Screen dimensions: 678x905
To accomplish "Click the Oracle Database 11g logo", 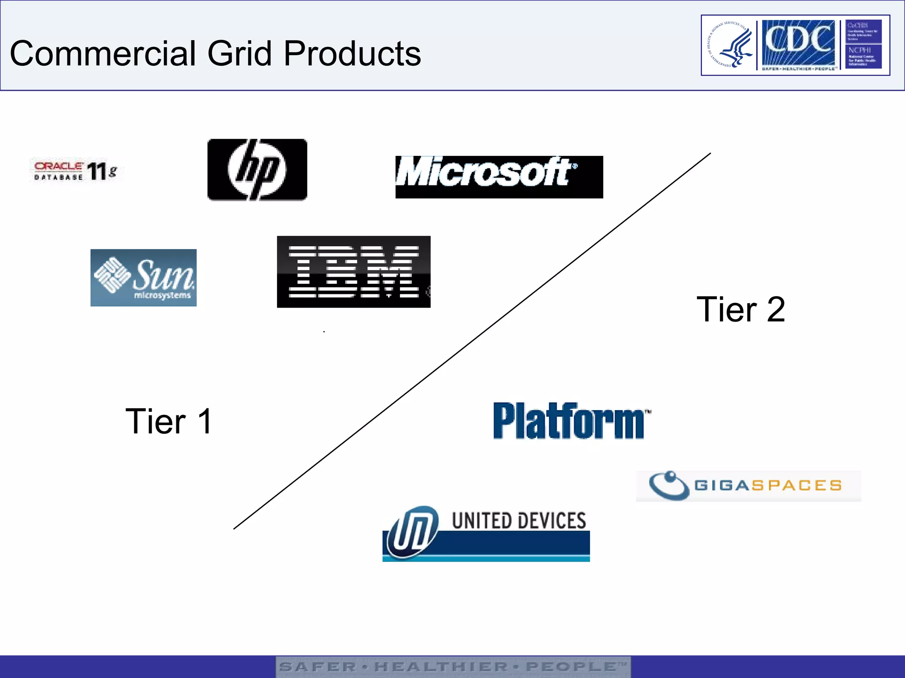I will [75, 170].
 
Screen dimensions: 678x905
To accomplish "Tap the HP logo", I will [257, 170].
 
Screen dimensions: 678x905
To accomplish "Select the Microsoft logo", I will [499, 177].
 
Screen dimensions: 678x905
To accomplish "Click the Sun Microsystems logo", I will [143, 278].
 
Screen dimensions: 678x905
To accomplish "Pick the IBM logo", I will [354, 271].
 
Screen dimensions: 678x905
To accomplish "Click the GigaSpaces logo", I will [749, 486].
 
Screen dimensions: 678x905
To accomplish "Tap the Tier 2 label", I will [741, 309].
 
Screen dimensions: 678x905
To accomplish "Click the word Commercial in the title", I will [103, 53].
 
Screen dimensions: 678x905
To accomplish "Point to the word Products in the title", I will [352, 53].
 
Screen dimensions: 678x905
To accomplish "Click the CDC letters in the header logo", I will [798, 41].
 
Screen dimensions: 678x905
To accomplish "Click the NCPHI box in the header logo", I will [863, 56].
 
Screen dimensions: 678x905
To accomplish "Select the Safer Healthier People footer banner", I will [453, 667].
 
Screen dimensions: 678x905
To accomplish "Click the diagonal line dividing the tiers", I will [472, 341].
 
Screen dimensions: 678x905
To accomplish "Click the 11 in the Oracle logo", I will [96, 171].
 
